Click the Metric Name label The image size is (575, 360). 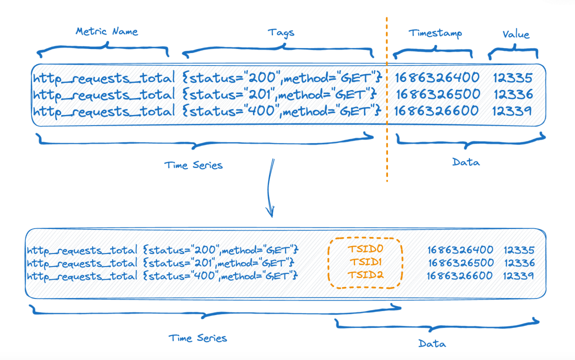[106, 31]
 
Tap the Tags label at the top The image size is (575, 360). [281, 32]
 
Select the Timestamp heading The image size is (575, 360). [435, 33]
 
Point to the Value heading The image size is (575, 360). [515, 34]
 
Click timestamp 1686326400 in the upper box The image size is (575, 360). [437, 77]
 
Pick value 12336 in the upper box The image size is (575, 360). [512, 94]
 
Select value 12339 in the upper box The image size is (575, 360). [512, 110]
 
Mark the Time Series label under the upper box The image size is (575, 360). [193, 165]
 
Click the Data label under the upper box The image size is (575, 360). [465, 162]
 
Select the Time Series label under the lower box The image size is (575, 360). [197, 338]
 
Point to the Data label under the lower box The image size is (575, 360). [431, 343]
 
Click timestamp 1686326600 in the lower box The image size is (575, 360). [459, 275]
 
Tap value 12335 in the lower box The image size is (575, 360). [519, 249]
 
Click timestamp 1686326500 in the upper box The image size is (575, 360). [438, 94]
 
